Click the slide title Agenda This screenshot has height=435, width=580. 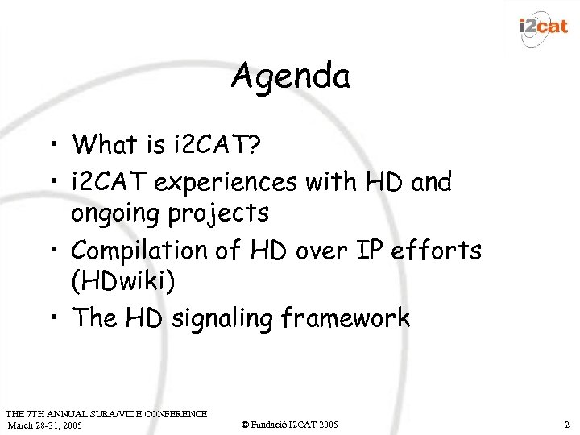coord(290,77)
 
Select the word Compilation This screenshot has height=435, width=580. coord(146,251)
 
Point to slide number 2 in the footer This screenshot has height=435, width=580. coord(567,424)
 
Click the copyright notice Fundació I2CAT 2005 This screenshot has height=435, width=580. coord(290,424)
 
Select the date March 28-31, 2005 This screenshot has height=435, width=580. coord(44,425)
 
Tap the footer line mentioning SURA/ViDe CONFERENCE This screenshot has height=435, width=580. coord(105,413)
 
